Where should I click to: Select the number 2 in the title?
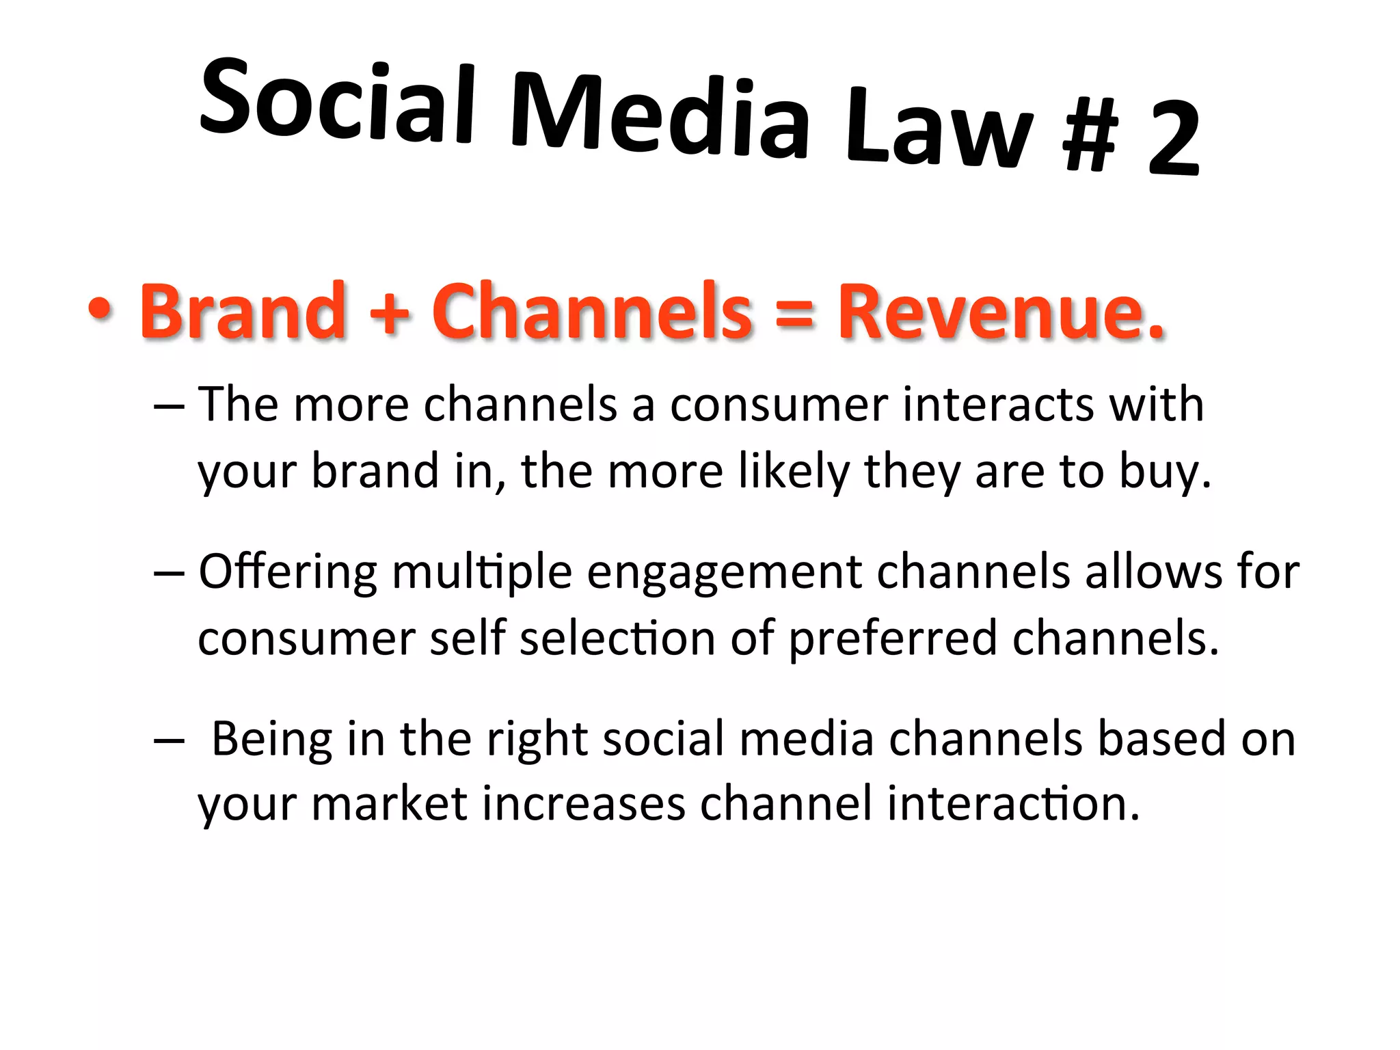(x=1173, y=139)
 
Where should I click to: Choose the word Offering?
(x=288, y=571)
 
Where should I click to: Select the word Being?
(x=272, y=740)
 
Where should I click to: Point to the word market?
(x=389, y=803)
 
